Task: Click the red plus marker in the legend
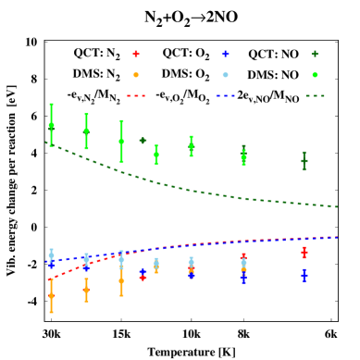(x=136, y=54)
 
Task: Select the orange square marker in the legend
(x=136, y=75)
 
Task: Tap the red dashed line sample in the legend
(x=136, y=95)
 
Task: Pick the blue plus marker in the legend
(x=225, y=54)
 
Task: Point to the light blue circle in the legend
(x=225, y=75)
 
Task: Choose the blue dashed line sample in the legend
(x=225, y=95)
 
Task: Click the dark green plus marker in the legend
(x=315, y=54)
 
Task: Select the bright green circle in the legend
(x=315, y=75)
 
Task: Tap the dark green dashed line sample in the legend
(x=315, y=95)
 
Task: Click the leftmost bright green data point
(x=51, y=125)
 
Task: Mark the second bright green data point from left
(x=86, y=131)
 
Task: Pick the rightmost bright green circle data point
(x=243, y=156)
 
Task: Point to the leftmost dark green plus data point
(x=143, y=141)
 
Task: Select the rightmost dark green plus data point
(x=304, y=161)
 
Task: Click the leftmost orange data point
(x=51, y=296)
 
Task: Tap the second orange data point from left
(x=86, y=290)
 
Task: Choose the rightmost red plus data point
(x=304, y=252)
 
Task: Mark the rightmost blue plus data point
(x=304, y=275)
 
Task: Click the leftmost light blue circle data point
(x=51, y=254)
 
